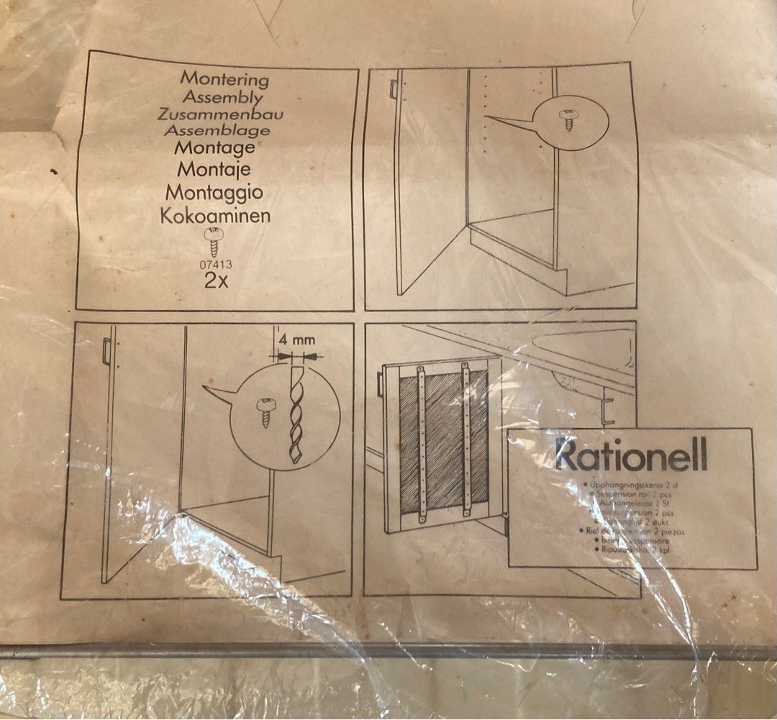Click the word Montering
224,78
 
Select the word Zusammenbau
222,114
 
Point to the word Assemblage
217,131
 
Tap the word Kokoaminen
218,215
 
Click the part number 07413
215,264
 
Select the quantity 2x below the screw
216,281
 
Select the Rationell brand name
631,455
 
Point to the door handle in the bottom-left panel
106,352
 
